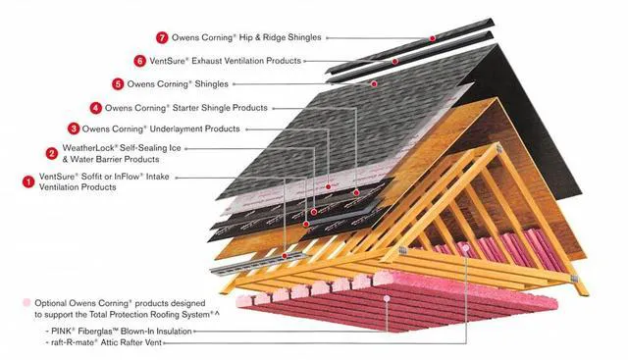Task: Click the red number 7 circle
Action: (x=162, y=37)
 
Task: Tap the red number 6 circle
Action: (x=140, y=61)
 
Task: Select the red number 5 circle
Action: (x=118, y=84)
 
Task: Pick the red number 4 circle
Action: (x=95, y=107)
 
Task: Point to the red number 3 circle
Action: (x=74, y=129)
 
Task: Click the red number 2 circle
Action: (x=51, y=152)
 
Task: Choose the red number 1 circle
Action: (x=28, y=180)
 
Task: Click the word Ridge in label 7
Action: (x=266, y=37)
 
